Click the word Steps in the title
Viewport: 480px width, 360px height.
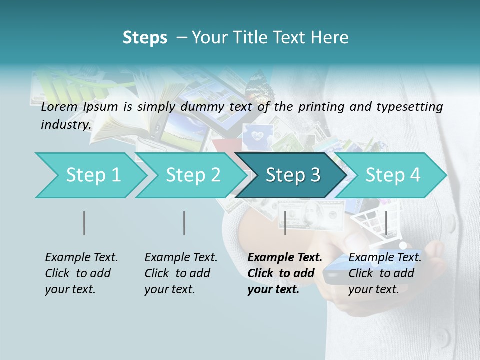pos(145,38)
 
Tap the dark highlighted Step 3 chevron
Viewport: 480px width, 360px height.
pos(293,175)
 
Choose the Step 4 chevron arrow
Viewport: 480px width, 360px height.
pos(393,175)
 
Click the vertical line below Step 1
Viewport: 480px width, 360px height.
pos(84,223)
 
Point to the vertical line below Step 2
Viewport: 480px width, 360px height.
pos(184,223)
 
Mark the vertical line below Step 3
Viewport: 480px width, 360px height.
pos(285,223)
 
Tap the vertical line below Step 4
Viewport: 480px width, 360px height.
pos(386,223)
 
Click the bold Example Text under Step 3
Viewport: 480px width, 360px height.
pos(285,258)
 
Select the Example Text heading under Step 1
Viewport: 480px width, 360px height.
pos(81,258)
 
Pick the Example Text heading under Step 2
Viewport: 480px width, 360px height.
pos(181,258)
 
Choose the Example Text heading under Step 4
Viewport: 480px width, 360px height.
pos(385,258)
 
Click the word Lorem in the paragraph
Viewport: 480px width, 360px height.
pos(59,107)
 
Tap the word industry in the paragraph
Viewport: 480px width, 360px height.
pos(65,125)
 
